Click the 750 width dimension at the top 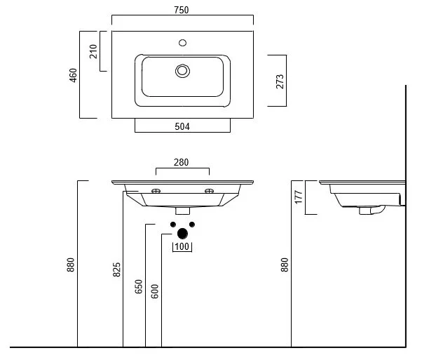click(x=182, y=10)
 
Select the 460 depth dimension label click(x=74, y=74)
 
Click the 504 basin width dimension click(x=182, y=127)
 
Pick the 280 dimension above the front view click(x=182, y=163)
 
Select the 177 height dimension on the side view click(x=298, y=197)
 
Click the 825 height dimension click(x=117, y=269)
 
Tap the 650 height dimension click(x=139, y=286)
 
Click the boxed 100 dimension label click(x=182, y=246)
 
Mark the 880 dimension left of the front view click(x=71, y=265)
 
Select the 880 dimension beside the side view click(x=285, y=265)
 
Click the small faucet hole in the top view click(x=182, y=44)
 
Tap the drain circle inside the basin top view click(x=182, y=70)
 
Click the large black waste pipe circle click(x=182, y=233)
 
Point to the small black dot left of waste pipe click(x=172, y=225)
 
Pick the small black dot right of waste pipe click(x=193, y=225)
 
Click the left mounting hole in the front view click(x=156, y=191)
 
